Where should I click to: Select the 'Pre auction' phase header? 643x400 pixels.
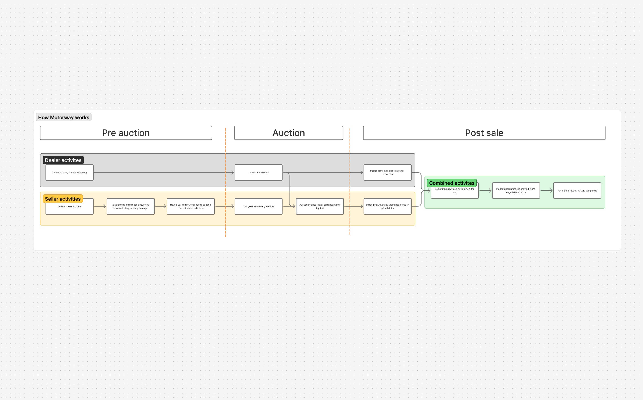coord(126,133)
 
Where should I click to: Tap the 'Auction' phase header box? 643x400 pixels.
coord(289,133)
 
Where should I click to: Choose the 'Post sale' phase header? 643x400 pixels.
coord(484,133)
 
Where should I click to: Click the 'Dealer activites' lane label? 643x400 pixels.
coord(63,160)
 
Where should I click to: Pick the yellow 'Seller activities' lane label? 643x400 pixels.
coord(63,199)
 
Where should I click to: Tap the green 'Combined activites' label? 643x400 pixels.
coord(452,183)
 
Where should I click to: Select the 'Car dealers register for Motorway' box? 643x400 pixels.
coord(70,173)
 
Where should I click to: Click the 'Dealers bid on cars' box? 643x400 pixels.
coord(259,173)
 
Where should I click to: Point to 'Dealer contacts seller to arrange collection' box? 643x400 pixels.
coord(387,173)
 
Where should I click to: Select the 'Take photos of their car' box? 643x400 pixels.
coord(130,206)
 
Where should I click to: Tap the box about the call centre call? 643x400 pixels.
coord(191,206)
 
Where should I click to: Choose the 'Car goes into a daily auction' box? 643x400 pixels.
coord(259,206)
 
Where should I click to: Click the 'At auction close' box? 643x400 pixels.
coord(320,206)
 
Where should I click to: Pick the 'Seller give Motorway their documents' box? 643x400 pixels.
coord(387,206)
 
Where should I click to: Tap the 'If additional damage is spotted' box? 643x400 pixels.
coord(516,190)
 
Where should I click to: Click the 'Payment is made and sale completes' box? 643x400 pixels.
coord(577,190)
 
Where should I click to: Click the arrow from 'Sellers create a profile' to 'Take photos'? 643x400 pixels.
coord(100,206)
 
